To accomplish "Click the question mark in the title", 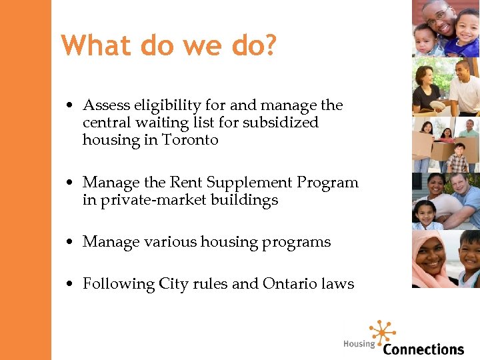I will click(267, 45).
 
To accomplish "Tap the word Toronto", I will click(190, 140).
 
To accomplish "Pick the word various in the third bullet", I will click(165, 242).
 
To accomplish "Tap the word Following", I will click(118, 285).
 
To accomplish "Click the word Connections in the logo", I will click(423, 349).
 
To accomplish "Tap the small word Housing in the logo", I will click(359, 344).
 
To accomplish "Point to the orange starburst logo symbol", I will click(382, 331).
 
